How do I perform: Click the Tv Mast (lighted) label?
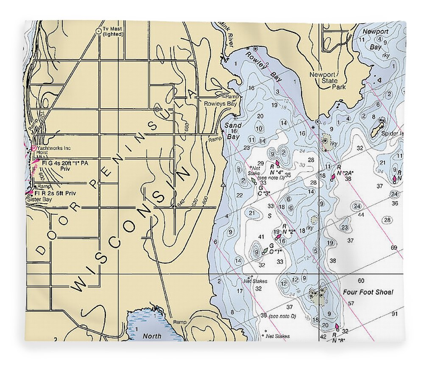pyautogui.click(x=112, y=32)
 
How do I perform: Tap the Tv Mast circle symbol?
pyautogui.click(x=98, y=31)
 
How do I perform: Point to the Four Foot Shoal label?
pyautogui.click(x=368, y=292)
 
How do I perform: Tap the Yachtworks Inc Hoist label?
pyautogui.click(x=53, y=151)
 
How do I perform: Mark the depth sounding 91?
pyautogui.click(x=394, y=314)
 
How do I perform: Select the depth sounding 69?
pyautogui.click(x=394, y=247)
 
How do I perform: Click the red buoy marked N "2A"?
pyautogui.click(x=334, y=175)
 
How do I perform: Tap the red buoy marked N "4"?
pyautogui.click(x=277, y=163)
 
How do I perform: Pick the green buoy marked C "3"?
pyautogui.click(x=254, y=180)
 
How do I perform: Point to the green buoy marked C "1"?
pyautogui.click(x=265, y=251)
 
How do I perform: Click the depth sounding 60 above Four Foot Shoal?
pyautogui.click(x=361, y=281)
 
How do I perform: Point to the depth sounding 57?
pyautogui.click(x=351, y=303)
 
